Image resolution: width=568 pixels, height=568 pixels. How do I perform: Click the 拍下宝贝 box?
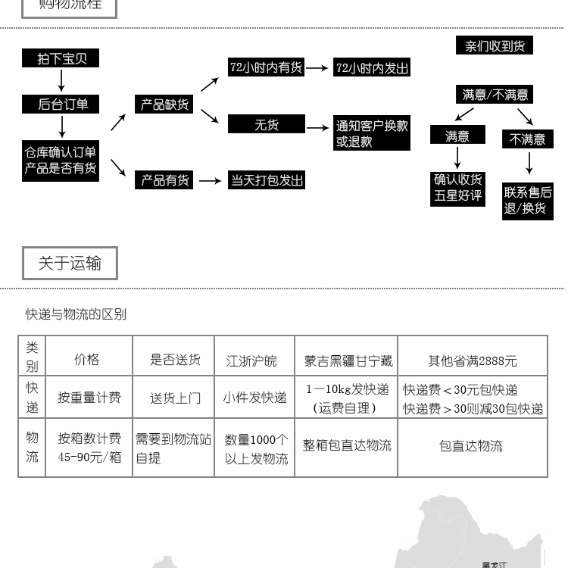tap(61, 58)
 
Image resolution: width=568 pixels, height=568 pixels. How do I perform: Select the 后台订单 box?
tap(61, 105)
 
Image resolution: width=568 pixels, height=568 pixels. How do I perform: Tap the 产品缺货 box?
tap(164, 105)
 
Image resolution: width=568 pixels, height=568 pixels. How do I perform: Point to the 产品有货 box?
tap(164, 180)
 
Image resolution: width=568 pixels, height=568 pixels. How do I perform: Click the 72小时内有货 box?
tap(266, 67)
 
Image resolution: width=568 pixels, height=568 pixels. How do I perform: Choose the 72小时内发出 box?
tap(372, 67)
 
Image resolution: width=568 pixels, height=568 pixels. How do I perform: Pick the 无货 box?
tap(266, 124)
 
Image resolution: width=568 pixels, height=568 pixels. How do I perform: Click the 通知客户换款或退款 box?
tap(372, 133)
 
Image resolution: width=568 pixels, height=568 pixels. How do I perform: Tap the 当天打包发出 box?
tap(266, 180)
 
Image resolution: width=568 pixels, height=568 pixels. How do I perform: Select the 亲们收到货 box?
tap(495, 46)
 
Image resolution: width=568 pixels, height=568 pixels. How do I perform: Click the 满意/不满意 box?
tap(495, 95)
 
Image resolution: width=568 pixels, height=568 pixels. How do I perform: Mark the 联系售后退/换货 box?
tap(528, 200)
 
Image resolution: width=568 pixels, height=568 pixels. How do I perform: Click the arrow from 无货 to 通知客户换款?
tap(318, 128)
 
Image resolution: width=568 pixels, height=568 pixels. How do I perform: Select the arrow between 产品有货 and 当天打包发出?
tap(210, 181)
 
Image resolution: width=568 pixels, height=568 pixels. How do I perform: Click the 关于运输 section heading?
tap(70, 264)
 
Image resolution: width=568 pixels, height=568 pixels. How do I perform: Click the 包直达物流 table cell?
tap(471, 446)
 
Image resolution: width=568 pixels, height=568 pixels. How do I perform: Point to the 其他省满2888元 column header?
tap(473, 361)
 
